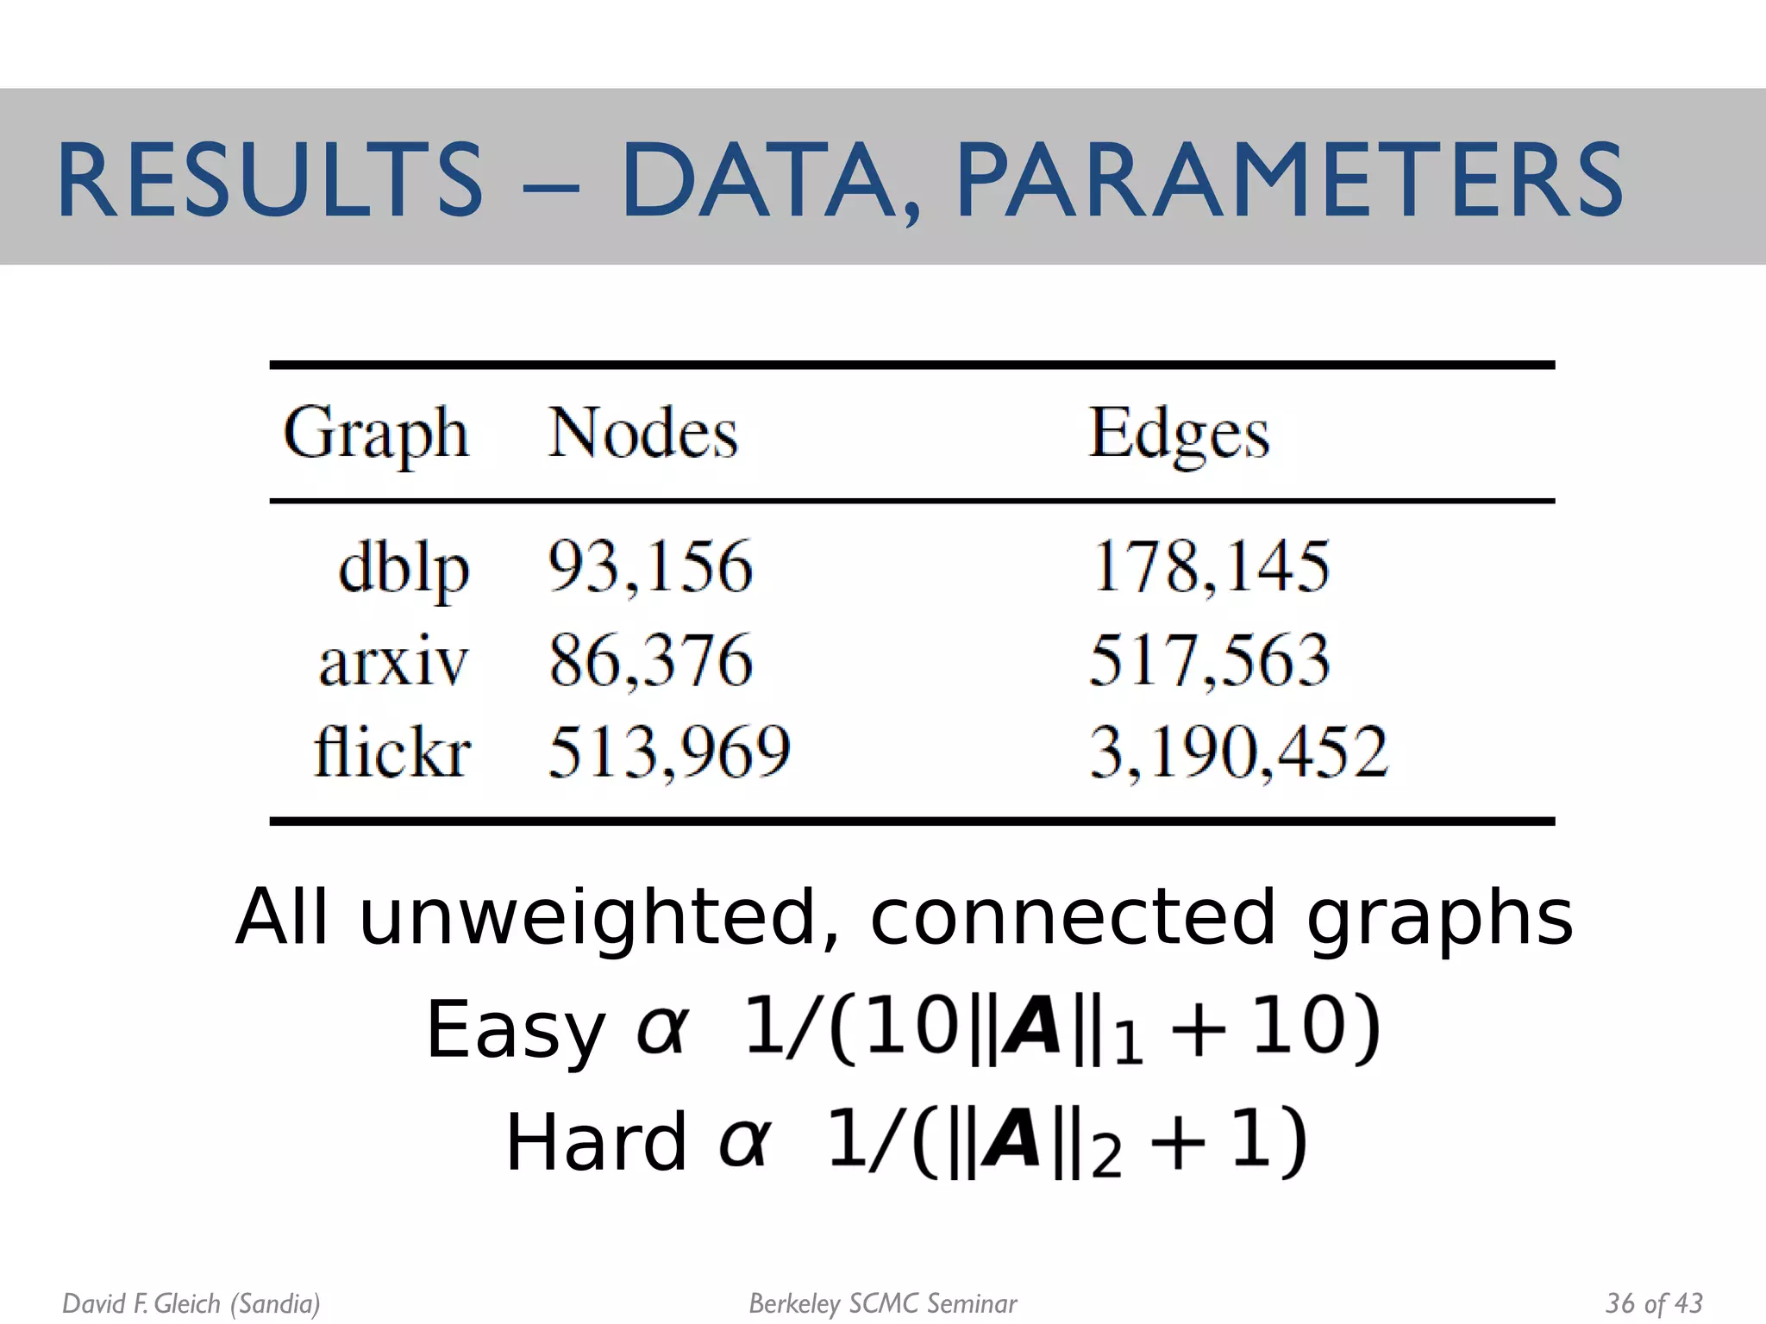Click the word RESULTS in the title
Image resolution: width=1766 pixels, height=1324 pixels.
pos(270,181)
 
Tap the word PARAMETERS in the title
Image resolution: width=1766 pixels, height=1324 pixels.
pos(1289,181)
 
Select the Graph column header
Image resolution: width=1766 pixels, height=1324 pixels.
pos(376,434)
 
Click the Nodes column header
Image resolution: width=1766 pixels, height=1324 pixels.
pos(643,434)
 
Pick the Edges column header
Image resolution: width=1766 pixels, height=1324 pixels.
pos(1179,434)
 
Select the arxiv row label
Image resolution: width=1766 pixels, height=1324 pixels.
pos(393,662)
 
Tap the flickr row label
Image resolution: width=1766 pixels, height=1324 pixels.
pos(392,752)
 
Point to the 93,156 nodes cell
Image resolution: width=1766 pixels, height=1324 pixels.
pos(650,567)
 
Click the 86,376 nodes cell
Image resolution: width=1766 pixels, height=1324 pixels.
pos(650,661)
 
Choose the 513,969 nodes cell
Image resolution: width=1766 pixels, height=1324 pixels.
pos(669,752)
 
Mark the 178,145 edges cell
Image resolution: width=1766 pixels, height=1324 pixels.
pos(1210,567)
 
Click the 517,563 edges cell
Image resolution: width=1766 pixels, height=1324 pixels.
pos(1209,661)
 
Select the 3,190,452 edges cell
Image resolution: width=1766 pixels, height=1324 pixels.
pos(1239,752)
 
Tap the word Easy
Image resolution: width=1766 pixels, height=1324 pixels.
pos(515,1029)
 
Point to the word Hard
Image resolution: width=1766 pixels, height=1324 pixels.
pos(595,1142)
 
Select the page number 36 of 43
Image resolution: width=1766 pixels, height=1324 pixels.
pos(1654,1302)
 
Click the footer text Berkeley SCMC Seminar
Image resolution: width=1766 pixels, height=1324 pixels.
pos(883,1303)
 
